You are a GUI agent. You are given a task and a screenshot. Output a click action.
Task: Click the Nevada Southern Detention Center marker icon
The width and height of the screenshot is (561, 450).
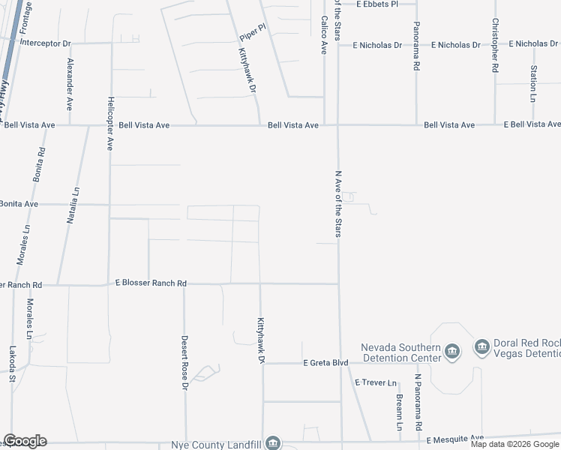tap(452, 352)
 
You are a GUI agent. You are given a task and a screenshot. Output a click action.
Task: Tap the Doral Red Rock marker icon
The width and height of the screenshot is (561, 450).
tap(481, 346)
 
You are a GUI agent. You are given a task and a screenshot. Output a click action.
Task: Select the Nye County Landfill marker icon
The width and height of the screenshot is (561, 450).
tap(274, 443)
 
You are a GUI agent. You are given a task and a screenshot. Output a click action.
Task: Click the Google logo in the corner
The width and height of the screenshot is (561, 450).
tap(25, 441)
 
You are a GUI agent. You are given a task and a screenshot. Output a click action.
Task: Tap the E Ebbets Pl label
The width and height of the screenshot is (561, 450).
tap(386, 4)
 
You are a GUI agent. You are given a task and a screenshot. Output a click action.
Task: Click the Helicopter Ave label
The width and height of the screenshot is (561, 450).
tap(109, 123)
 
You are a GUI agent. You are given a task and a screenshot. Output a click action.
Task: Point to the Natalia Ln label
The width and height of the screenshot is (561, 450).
tap(76, 207)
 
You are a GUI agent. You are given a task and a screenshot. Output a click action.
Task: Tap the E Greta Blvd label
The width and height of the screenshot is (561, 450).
tap(325, 363)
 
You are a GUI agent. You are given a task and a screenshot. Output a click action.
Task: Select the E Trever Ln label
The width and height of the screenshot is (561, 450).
tap(376, 382)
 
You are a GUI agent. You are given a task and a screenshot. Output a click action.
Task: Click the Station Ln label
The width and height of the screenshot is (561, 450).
tap(533, 83)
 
